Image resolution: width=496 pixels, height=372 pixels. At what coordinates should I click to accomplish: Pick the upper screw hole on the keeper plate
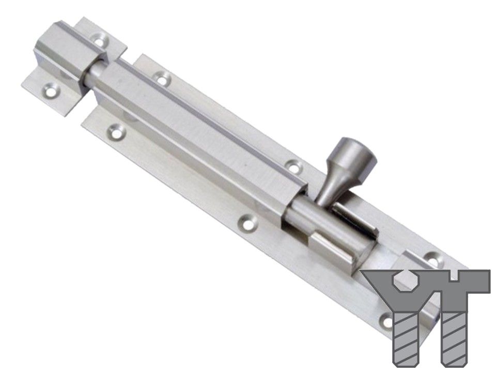coord(100,41)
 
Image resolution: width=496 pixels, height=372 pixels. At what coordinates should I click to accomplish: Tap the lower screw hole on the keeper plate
coord(51,91)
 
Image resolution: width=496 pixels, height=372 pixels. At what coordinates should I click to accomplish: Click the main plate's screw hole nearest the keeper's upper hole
coord(162,79)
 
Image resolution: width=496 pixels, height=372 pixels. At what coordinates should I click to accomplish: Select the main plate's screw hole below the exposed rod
coord(117,133)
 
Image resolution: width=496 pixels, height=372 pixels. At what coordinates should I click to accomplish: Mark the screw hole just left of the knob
coord(294,166)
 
